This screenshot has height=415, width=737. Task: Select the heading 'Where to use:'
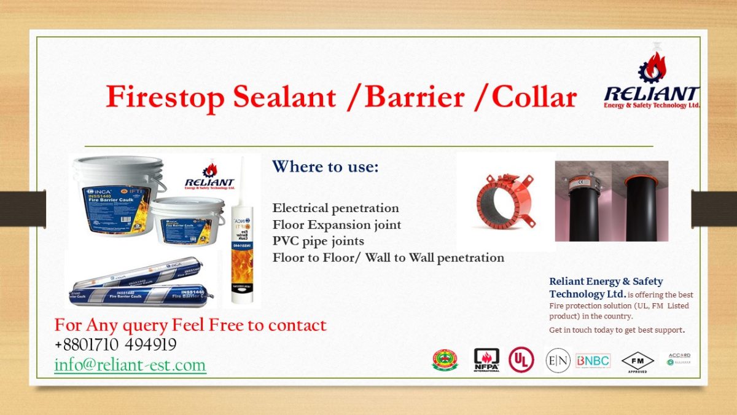click(326, 167)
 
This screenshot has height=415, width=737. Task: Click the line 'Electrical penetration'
click(335, 208)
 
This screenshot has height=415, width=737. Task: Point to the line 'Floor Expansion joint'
click(337, 225)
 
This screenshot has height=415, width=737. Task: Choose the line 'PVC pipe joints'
click(318, 241)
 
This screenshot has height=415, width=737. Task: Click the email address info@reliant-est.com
click(130, 365)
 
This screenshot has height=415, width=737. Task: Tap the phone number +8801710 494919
click(115, 344)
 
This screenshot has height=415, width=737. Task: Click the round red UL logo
click(521, 360)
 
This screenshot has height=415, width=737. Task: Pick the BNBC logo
click(593, 360)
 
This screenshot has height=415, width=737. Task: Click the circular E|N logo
click(558, 360)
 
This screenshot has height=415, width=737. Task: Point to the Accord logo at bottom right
click(679, 359)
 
